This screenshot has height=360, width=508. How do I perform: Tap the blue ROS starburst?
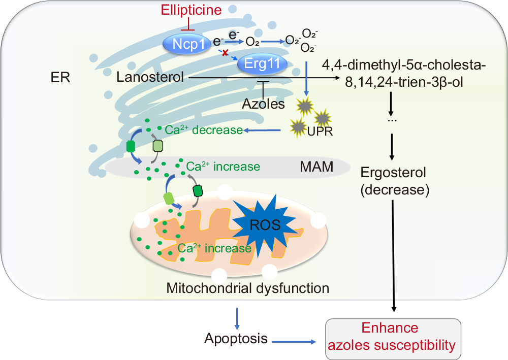point(265,224)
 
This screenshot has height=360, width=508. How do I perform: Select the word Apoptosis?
point(236,338)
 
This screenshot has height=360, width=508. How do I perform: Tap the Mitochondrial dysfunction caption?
point(248,288)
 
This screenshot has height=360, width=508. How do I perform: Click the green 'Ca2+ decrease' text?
point(204,130)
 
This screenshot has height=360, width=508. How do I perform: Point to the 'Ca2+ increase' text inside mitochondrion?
point(214,248)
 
